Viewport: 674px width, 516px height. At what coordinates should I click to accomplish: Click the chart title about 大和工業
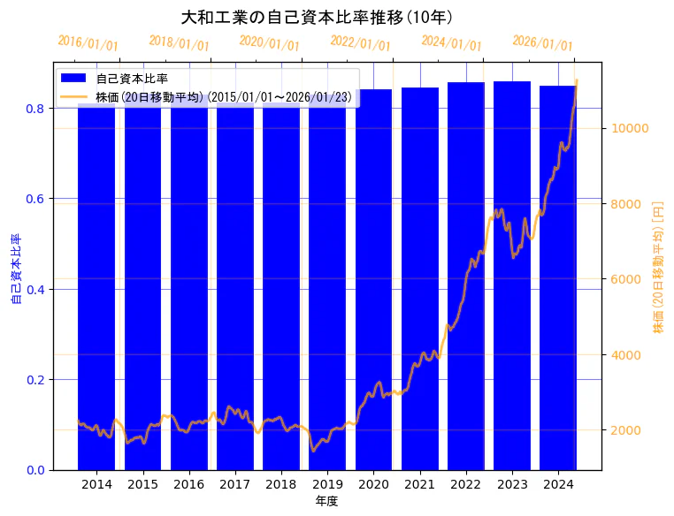(317, 17)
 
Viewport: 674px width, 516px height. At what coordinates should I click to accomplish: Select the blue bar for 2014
(96, 292)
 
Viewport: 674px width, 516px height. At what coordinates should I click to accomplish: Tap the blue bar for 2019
(327, 292)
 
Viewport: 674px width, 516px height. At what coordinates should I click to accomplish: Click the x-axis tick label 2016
(189, 485)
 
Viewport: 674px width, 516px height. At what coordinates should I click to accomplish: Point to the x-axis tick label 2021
(420, 485)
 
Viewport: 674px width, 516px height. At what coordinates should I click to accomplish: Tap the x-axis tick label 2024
(558, 485)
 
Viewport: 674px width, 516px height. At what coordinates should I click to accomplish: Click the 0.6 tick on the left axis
(36, 199)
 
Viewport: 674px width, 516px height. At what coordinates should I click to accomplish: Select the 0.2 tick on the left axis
(36, 380)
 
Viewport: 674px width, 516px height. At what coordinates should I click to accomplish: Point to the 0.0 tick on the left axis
(36, 470)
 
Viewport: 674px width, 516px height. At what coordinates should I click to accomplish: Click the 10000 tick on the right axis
(632, 128)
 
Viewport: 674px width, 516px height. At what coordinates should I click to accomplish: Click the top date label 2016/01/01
(88, 43)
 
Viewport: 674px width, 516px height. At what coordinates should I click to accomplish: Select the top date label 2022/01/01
(360, 43)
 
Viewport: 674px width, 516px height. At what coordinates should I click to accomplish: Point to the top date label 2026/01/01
(542, 43)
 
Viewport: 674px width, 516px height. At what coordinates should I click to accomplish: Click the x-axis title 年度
(326, 501)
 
